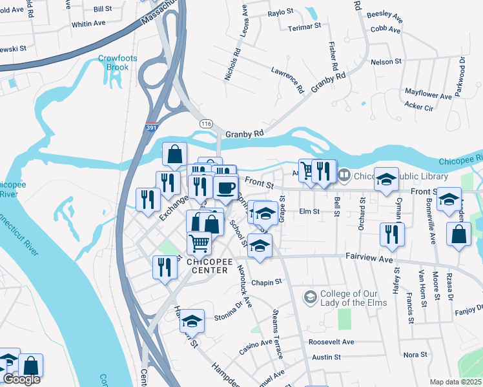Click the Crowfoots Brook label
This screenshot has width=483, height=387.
(114, 63)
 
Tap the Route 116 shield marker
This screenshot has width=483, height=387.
(206, 123)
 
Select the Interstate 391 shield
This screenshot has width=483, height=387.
(150, 128)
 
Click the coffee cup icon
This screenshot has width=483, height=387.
(225, 188)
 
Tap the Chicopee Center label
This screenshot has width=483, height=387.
(207, 266)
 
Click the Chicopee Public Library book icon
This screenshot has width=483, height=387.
(345, 175)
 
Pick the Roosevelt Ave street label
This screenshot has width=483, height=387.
(331, 342)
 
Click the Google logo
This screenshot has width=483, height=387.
(21, 379)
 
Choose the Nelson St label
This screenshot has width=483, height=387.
(386, 62)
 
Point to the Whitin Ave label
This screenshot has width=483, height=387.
(88, 23)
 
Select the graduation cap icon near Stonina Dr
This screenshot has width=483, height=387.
(192, 320)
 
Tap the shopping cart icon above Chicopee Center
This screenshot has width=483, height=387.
(200, 243)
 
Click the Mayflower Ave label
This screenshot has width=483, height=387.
(428, 95)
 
